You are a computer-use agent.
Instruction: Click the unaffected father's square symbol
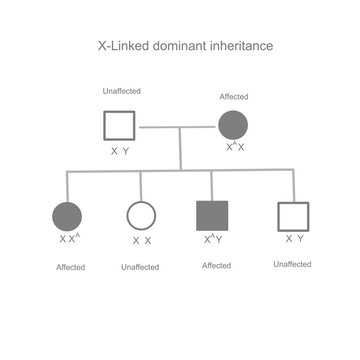coord(121,127)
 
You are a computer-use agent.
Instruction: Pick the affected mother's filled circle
coord(233,127)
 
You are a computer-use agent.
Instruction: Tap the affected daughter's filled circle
coord(67,217)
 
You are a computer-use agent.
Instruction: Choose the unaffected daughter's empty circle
coord(140,217)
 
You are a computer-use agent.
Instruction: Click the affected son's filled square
coord(212,217)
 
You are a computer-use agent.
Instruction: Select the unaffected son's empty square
coord(293,217)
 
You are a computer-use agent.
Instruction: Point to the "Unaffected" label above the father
coord(121,92)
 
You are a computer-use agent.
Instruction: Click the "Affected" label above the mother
coord(233,97)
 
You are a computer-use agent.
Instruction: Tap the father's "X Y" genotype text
coord(120,151)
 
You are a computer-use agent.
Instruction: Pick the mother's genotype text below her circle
coord(234,147)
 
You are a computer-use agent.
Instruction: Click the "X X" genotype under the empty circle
coord(141,241)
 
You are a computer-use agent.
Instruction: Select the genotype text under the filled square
coord(213,240)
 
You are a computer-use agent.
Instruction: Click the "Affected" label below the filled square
coord(216,265)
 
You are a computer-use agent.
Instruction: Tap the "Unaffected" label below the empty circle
coord(140,267)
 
